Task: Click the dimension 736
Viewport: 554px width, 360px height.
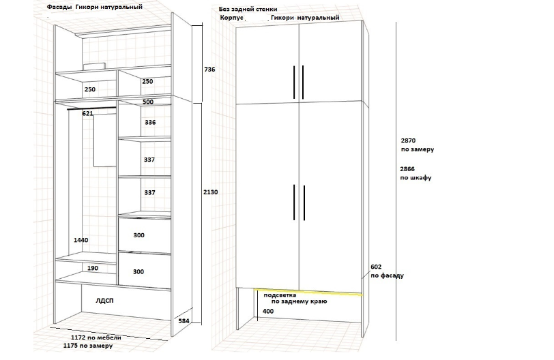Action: click(x=209, y=70)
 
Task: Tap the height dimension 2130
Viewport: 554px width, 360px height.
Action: click(x=210, y=192)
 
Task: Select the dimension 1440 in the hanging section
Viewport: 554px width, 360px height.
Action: click(x=82, y=241)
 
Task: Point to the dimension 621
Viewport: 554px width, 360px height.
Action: click(x=87, y=113)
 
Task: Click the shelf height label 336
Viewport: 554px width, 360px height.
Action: click(x=149, y=123)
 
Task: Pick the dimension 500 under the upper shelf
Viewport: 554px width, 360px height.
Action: click(x=148, y=102)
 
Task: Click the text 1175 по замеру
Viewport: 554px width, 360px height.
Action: click(x=87, y=346)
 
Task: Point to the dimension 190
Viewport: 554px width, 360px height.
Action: click(x=92, y=269)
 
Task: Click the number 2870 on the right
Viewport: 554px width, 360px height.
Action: click(x=408, y=138)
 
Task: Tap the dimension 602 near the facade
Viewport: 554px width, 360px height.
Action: click(x=375, y=267)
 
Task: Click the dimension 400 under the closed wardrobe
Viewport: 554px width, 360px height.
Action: click(x=267, y=312)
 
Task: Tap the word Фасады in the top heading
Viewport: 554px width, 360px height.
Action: click(x=59, y=7)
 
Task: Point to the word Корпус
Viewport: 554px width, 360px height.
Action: click(x=233, y=18)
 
